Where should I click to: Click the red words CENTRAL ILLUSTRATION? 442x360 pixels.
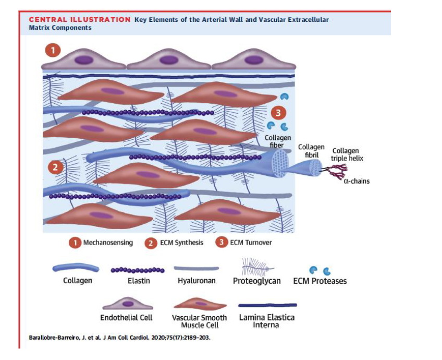coord(80,20)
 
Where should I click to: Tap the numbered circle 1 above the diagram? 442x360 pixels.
coord(53,51)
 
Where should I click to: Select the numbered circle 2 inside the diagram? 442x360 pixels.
coord(55,167)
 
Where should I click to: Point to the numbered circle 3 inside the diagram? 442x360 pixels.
coord(278,113)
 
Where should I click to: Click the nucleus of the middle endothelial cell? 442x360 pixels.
coord(168,60)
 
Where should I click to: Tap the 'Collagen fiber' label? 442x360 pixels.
coord(278,141)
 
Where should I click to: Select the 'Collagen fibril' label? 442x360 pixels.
coord(311,151)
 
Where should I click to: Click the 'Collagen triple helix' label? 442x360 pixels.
coord(347,154)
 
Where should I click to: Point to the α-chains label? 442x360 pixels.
coord(357,181)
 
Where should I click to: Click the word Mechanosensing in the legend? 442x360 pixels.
coord(108,243)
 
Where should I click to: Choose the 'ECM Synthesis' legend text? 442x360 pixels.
coord(181,243)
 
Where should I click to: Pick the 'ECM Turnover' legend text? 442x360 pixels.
coord(251,243)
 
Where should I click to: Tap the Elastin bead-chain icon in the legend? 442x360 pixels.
coord(138,270)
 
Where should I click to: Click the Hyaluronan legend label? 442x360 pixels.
coord(197,281)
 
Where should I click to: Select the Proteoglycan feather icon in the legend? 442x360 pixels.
coord(257,267)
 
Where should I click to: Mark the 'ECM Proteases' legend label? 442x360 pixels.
coord(320,281)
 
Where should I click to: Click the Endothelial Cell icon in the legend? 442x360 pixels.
coord(128,304)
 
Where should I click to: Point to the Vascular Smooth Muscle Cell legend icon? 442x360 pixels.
coord(200,304)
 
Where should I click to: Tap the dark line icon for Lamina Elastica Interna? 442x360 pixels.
coord(267,305)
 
